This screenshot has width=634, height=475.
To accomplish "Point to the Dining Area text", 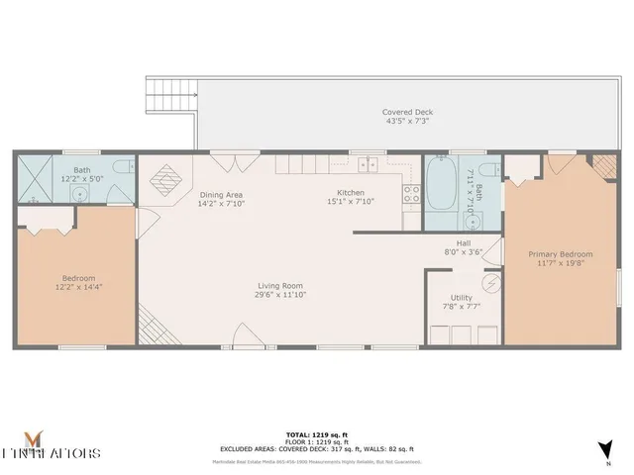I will tap(221, 195).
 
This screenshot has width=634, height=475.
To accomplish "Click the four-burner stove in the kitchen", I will tap(411, 194).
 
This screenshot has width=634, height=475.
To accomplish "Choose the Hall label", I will tap(463, 242).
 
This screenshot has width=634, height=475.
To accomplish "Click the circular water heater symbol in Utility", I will tap(487, 281).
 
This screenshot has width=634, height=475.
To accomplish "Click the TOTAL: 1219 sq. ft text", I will tap(318, 434).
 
